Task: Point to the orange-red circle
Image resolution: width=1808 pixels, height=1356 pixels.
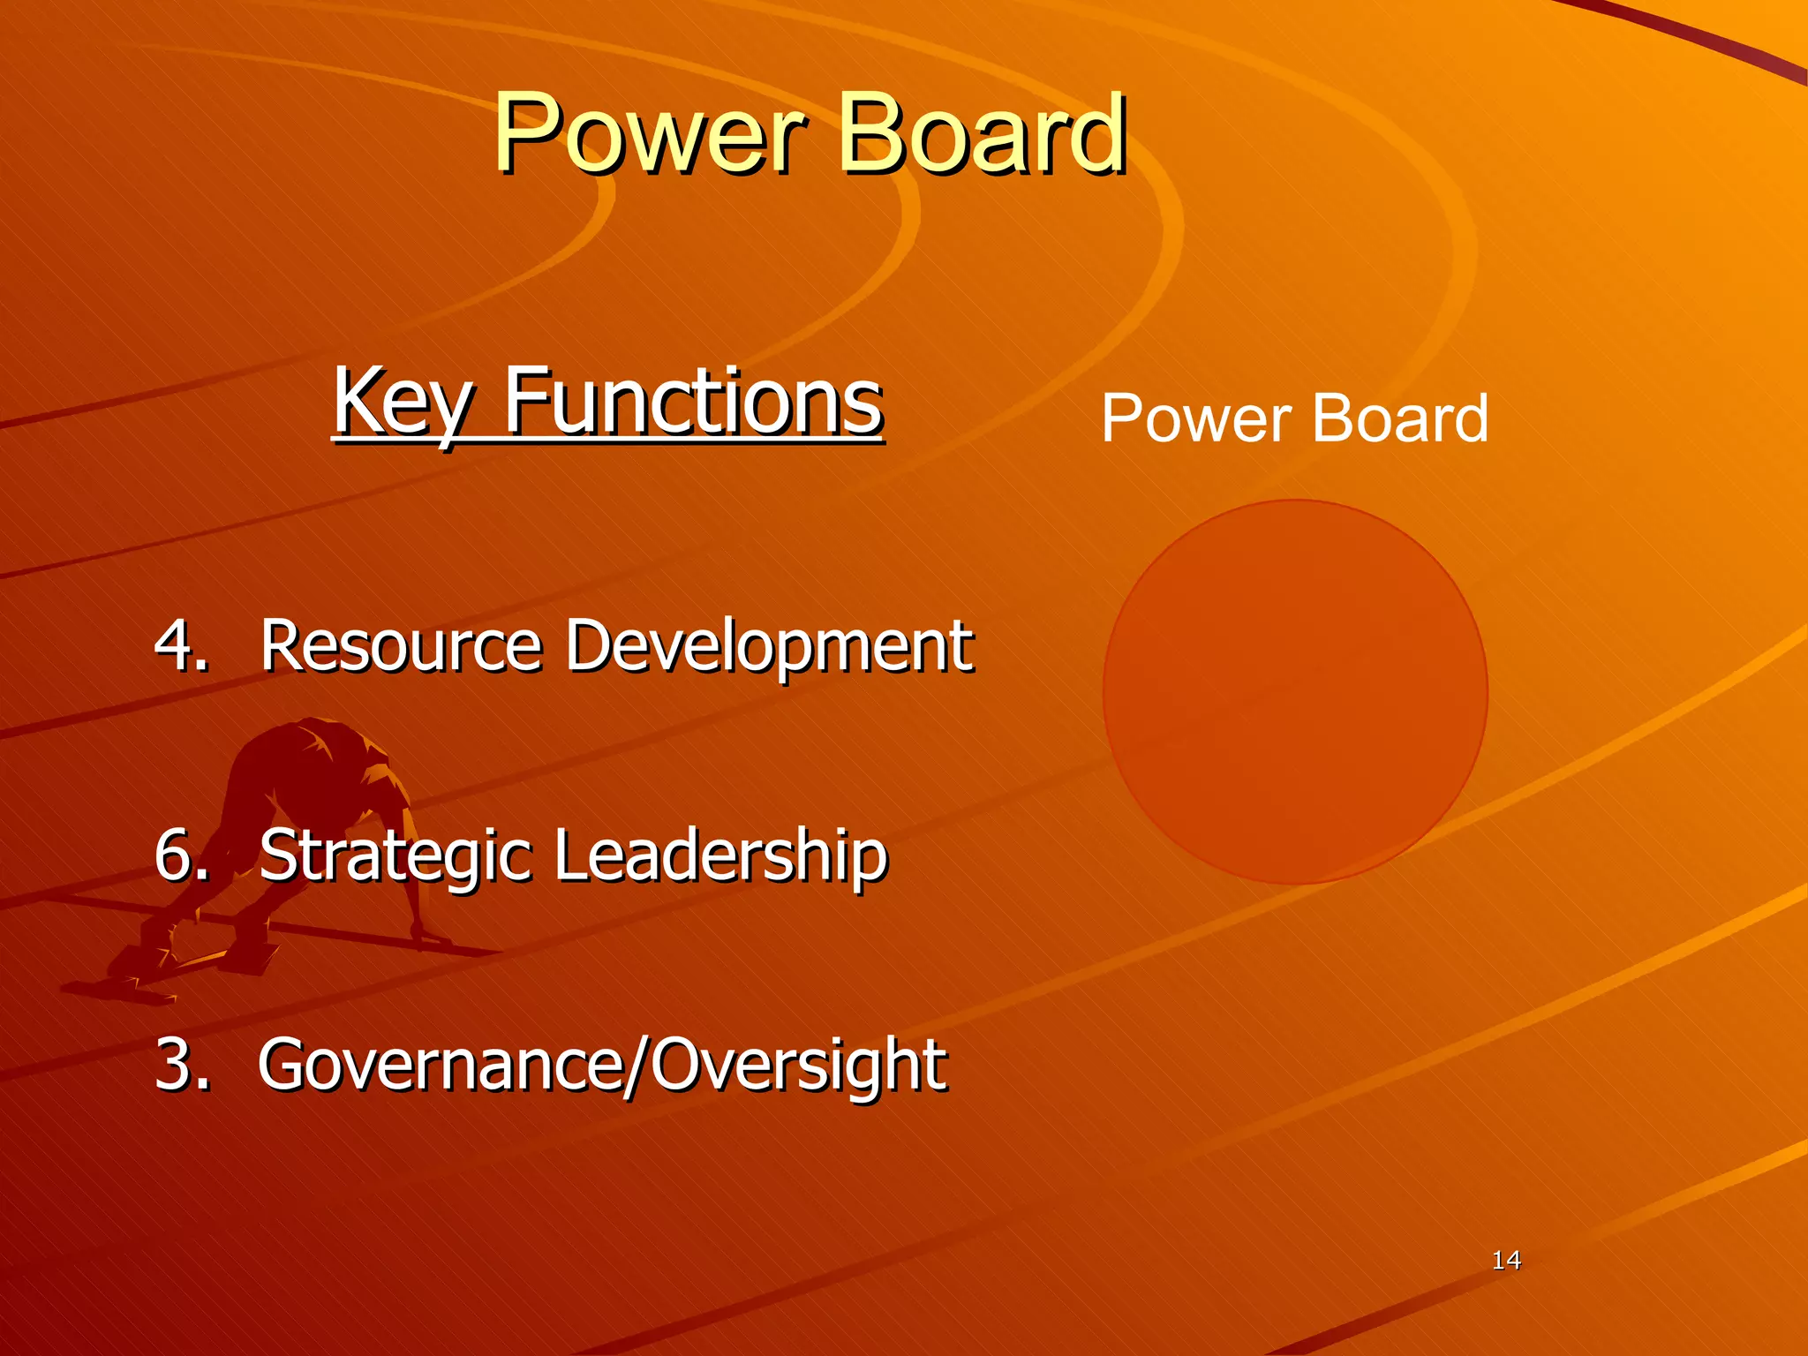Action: pyautogui.click(x=1295, y=692)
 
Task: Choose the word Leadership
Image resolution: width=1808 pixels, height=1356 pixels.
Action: pyautogui.click(x=720, y=855)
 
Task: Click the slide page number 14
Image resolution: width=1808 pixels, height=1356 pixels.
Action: pyautogui.click(x=1506, y=1260)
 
